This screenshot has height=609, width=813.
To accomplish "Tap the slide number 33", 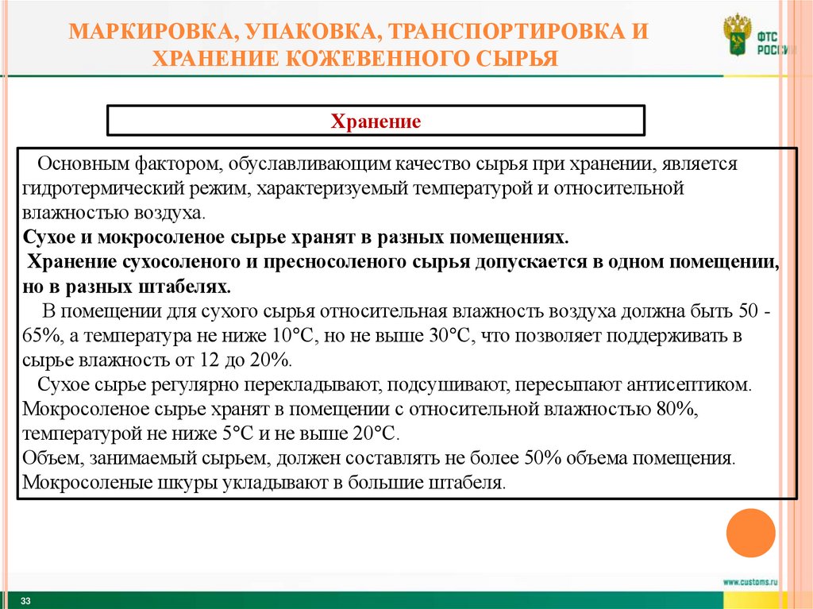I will [x=25, y=601].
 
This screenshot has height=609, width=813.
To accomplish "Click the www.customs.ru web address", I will [x=749, y=582].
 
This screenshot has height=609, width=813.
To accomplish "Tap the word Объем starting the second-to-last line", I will [x=48, y=458].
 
